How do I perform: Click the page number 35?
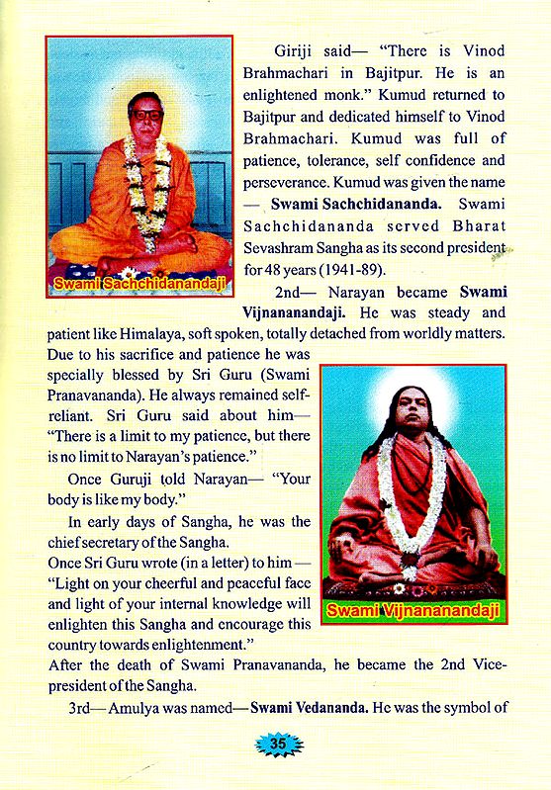pos(276,743)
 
